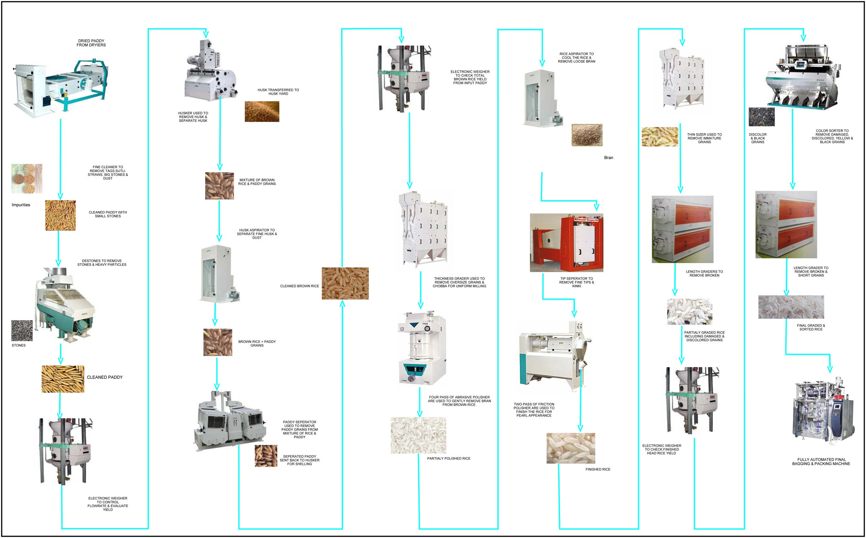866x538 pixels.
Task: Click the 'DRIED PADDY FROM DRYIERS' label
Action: [91, 43]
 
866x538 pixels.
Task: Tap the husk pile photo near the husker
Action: [262, 111]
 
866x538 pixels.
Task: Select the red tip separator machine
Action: [566, 243]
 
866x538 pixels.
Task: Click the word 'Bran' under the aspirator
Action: [608, 158]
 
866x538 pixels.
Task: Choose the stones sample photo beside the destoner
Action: [22, 331]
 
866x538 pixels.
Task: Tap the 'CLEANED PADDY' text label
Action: [105, 377]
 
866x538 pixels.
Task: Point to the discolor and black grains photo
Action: [761, 117]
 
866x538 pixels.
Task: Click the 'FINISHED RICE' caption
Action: [598, 469]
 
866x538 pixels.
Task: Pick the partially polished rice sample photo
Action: [418, 435]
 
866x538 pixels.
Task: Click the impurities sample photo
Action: [27, 179]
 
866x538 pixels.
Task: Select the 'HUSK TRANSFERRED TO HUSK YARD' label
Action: [278, 92]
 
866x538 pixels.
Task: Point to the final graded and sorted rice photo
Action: [790, 307]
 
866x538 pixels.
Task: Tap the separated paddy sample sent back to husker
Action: [266, 456]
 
